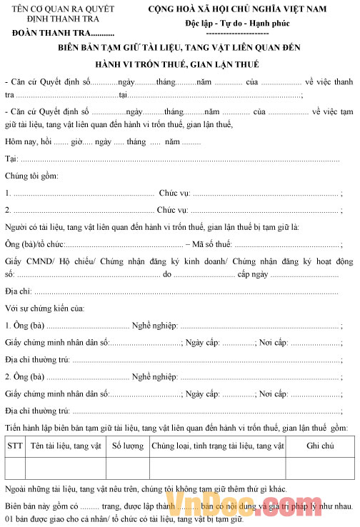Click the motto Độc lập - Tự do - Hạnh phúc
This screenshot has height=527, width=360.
(247, 22)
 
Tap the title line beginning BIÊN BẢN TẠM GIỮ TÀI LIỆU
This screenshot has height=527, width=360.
(180, 48)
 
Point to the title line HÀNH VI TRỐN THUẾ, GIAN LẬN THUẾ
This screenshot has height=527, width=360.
(180, 64)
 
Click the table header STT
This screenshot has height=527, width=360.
(14, 446)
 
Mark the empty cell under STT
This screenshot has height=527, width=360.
(14, 467)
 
